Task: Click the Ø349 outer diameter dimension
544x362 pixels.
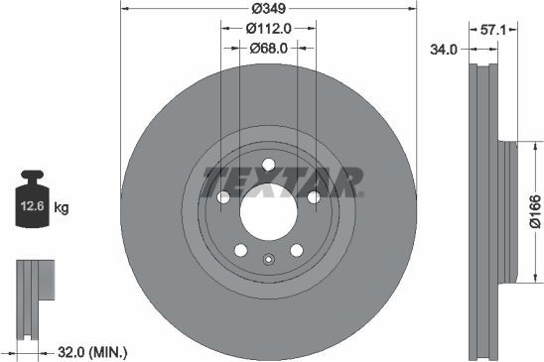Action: click(x=267, y=8)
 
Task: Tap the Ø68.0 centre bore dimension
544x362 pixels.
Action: click(x=268, y=48)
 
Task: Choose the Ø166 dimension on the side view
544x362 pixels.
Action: click(x=534, y=211)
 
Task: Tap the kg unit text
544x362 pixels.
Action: click(x=62, y=207)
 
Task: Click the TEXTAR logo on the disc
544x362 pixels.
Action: click(x=282, y=181)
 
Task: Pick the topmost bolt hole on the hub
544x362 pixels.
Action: click(x=268, y=165)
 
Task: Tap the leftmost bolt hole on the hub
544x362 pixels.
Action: click(x=223, y=197)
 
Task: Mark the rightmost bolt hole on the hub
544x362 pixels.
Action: click(x=313, y=197)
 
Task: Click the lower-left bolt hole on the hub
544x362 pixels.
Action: click(x=240, y=249)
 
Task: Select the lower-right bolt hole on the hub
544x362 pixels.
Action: click(x=296, y=249)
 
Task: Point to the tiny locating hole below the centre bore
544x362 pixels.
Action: click(x=268, y=261)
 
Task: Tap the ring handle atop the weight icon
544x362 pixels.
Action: click(x=33, y=179)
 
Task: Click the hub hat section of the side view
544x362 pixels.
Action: click(x=509, y=210)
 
